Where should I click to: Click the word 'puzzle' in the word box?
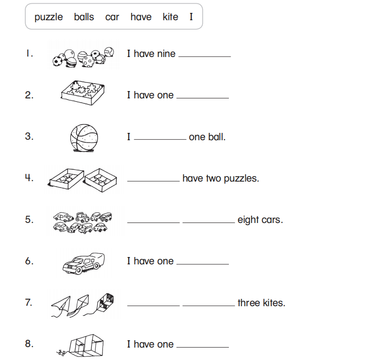48,17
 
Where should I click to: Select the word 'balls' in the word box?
84,17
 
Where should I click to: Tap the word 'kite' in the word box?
170,17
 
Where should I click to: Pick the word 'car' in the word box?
112,17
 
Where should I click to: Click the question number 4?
29,178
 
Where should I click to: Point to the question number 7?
29,303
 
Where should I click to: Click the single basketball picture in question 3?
84,137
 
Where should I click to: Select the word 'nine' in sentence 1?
166,54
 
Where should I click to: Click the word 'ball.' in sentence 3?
216,137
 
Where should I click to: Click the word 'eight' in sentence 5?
248,220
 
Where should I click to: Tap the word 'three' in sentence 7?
249,303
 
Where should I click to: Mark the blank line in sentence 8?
202,346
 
